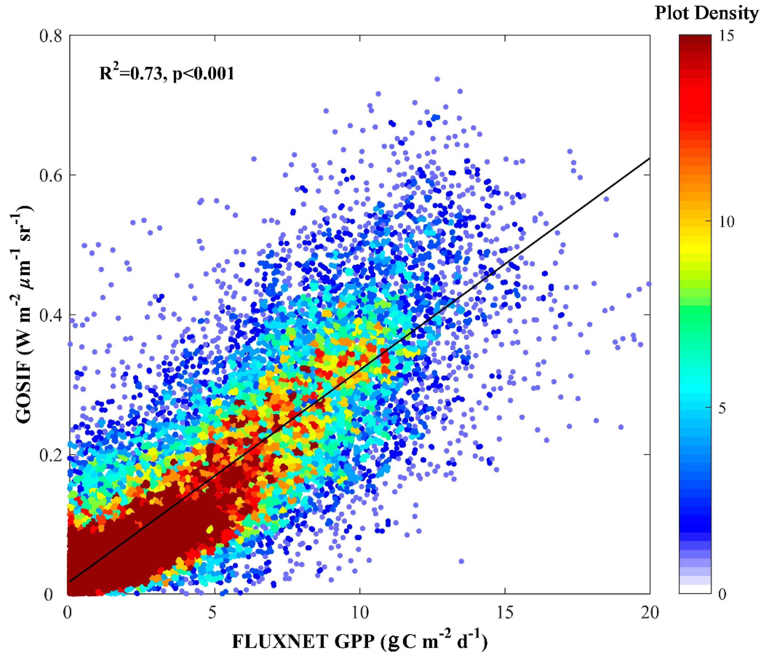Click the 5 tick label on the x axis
(x=212, y=613)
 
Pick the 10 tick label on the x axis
(x=359, y=613)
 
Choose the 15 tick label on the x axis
(x=505, y=613)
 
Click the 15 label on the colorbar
(x=726, y=36)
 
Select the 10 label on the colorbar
(x=726, y=222)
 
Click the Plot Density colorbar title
(x=706, y=14)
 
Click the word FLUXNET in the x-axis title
(x=280, y=641)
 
